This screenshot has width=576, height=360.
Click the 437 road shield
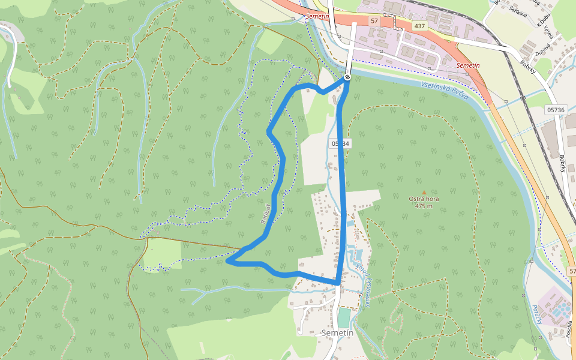[x=419, y=26]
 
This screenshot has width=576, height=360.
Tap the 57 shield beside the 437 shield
[x=374, y=21]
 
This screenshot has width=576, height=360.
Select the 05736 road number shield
[x=556, y=110]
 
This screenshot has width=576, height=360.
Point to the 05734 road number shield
[x=339, y=143]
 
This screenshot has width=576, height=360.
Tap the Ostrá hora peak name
[x=424, y=199]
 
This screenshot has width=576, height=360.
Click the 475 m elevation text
[x=424, y=206]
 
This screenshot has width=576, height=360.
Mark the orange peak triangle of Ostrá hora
[x=424, y=192]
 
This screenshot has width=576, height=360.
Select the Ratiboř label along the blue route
[x=267, y=212]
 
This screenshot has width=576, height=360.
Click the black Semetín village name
[x=338, y=332]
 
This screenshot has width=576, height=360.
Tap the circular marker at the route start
[x=347, y=77]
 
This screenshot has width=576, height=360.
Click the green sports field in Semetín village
[x=343, y=317]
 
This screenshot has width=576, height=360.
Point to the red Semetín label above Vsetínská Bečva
[x=469, y=65]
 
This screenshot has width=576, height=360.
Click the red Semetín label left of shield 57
[x=317, y=16]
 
